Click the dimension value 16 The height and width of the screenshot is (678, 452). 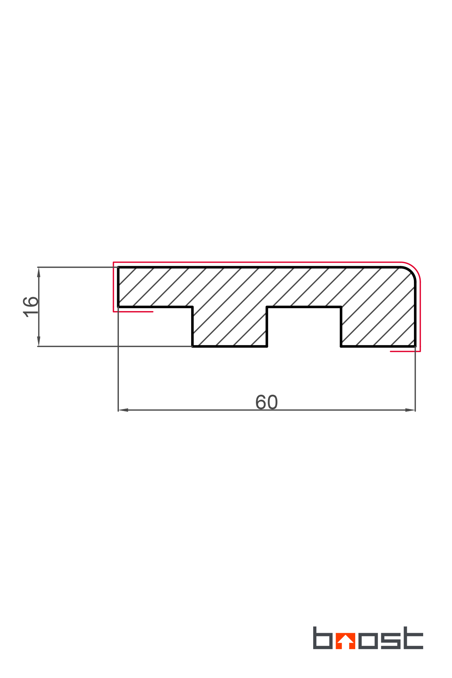tap(31, 306)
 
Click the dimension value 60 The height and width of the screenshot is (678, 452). tap(266, 402)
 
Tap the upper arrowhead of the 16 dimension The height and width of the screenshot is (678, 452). tap(39, 272)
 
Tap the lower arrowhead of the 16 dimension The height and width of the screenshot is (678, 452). tap(39, 341)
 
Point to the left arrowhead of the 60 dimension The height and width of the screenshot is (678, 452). tap(123, 410)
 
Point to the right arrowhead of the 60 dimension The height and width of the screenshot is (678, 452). tap(410, 410)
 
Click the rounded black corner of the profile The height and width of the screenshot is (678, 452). tap(411, 271)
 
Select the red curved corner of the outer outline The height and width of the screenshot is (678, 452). tap(415, 267)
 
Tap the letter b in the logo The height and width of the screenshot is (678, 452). tap(322, 638)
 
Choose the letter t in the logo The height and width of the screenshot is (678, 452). tap(411, 638)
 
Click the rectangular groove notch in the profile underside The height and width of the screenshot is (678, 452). tap(304, 326)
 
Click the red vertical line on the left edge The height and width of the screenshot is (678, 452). tap(114, 287)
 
